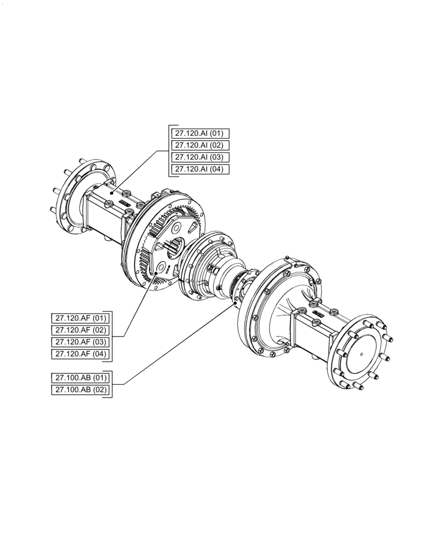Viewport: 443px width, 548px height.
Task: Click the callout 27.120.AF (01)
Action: [81, 318]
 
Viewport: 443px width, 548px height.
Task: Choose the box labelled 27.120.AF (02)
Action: [81, 330]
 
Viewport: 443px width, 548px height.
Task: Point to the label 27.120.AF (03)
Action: [81, 342]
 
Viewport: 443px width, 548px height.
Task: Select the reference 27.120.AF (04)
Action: [81, 355]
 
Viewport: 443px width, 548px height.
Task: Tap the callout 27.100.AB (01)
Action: [81, 378]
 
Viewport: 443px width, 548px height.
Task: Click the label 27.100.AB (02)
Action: [81, 390]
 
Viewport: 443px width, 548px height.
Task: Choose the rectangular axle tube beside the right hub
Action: [315, 332]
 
